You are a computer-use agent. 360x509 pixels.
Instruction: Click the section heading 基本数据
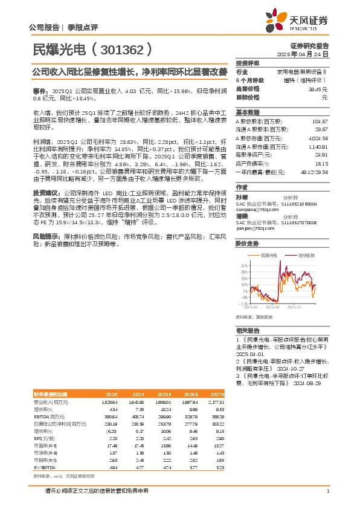pos(247,112)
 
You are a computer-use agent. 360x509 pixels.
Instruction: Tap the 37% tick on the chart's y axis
pos(245,265)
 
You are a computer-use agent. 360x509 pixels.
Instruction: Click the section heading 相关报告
pos(248,331)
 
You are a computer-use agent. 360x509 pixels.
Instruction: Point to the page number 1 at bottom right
pos(327,491)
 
